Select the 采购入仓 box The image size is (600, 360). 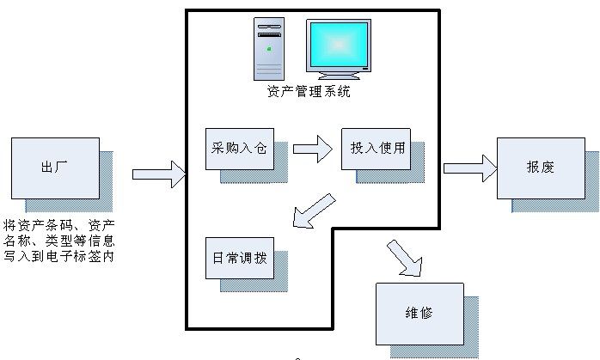tap(238, 149)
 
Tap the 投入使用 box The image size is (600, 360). tap(374, 148)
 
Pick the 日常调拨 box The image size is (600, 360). tap(238, 257)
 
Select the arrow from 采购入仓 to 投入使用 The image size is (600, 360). tap(311, 149)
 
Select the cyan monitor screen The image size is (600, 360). tap(339, 46)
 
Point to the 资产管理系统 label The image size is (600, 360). tap(309, 92)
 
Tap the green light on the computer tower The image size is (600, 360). tap(270, 48)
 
